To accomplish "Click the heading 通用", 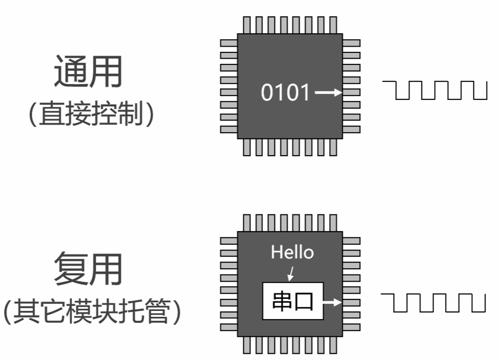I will point(87,71).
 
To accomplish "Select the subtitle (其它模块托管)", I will point(91,311).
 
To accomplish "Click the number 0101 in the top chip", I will point(286,92).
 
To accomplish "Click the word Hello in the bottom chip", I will point(292,252).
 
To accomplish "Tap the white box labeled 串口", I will point(293,301).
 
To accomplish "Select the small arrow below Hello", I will point(290,274).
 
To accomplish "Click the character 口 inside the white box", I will point(304,301).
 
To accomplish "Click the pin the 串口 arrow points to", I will point(351,303).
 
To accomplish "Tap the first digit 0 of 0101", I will point(267,92).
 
